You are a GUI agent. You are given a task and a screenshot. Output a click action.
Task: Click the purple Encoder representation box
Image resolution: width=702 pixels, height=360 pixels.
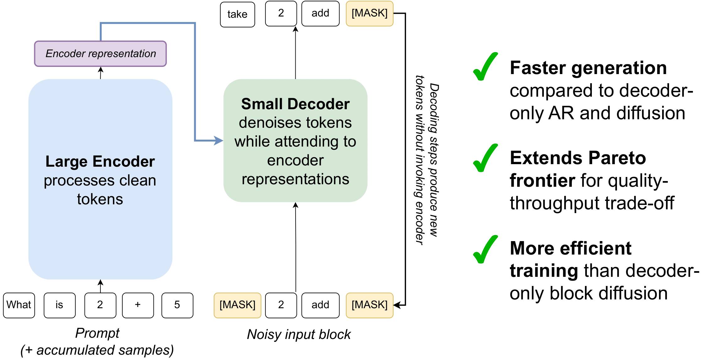click(x=100, y=54)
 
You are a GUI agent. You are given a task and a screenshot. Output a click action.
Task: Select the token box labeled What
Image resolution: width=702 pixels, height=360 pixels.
click(x=19, y=305)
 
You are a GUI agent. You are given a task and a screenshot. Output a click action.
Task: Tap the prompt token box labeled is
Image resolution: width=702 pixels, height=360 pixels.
click(x=60, y=305)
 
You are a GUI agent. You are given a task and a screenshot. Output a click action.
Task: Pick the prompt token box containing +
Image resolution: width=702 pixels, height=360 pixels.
click(x=138, y=305)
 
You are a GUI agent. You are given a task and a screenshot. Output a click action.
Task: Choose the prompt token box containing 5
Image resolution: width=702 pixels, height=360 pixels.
click(x=177, y=305)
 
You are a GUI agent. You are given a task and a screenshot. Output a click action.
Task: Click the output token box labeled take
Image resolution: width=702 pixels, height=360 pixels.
click(x=238, y=14)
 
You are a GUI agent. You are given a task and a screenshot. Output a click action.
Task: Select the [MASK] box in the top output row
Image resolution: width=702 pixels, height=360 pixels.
click(x=369, y=13)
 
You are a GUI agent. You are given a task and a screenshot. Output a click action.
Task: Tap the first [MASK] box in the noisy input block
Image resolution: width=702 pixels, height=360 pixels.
click(x=238, y=305)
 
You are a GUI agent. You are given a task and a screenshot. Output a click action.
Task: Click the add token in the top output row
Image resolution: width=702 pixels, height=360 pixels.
click(x=320, y=13)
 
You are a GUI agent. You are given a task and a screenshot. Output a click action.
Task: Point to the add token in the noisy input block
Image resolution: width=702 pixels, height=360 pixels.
click(x=320, y=305)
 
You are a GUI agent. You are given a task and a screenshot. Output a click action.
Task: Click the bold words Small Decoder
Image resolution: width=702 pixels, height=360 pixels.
click(x=295, y=104)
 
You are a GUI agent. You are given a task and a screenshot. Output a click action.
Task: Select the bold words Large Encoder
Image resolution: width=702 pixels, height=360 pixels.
click(x=100, y=162)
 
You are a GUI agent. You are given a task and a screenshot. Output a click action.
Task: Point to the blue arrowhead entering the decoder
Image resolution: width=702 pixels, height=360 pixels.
click(x=219, y=140)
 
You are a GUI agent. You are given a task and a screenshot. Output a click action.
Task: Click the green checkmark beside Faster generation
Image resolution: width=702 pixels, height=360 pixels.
click(x=485, y=67)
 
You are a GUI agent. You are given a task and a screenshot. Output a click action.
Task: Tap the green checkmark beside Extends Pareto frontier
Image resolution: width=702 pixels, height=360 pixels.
click(x=485, y=158)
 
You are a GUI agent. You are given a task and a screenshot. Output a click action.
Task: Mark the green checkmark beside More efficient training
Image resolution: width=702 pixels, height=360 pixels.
click(x=485, y=250)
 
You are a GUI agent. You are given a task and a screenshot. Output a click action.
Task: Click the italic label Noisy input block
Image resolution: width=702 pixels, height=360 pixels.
click(x=299, y=335)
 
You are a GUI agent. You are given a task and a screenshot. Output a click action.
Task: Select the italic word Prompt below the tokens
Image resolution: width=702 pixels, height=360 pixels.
click(x=97, y=333)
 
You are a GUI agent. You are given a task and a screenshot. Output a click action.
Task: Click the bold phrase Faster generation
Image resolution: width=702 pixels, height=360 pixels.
click(x=588, y=68)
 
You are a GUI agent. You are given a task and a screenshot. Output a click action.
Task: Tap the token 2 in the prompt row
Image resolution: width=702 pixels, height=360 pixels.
click(x=100, y=305)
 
